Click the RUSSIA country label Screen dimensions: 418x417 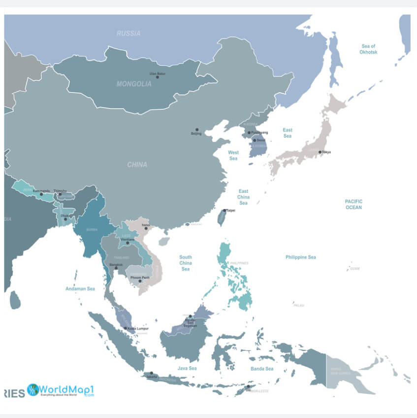pyautogui.click(x=128, y=34)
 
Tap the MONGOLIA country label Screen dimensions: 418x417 pyautogui.click(x=134, y=84)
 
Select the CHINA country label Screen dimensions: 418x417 pyautogui.click(x=137, y=165)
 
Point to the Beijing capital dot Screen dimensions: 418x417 pyautogui.click(x=197, y=130)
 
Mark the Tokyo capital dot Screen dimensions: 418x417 pyautogui.click(x=320, y=152)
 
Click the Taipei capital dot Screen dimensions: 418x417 pyautogui.click(x=225, y=210)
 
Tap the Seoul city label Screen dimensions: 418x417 pyautogui.click(x=260, y=140)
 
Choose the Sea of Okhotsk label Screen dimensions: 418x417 pyautogui.click(x=368, y=49)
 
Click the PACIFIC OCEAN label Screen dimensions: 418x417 pyautogui.click(x=353, y=204)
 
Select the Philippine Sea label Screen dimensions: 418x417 pyautogui.click(x=301, y=257)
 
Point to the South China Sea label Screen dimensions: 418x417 pyautogui.click(x=186, y=263)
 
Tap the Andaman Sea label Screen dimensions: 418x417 pyautogui.click(x=80, y=289)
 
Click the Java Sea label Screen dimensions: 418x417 pyautogui.click(x=187, y=368)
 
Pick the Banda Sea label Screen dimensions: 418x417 pyautogui.click(x=262, y=369)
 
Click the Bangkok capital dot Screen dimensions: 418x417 pyautogui.click(x=116, y=268)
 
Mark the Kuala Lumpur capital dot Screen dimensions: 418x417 pyautogui.click(x=126, y=328)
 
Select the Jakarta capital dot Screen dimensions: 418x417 pyautogui.click(x=152, y=373)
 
